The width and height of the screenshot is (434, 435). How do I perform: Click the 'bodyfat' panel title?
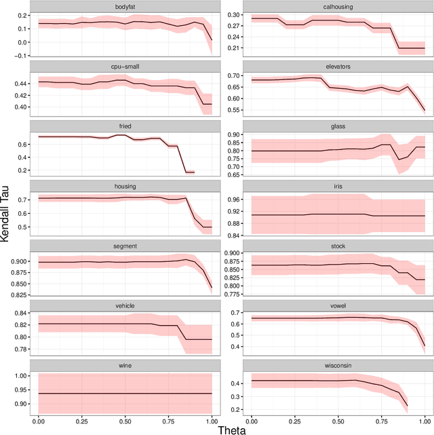tap(125, 6)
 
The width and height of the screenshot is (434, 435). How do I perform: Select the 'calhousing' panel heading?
tap(338, 6)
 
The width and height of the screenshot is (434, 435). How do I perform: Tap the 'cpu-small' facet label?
tap(125, 67)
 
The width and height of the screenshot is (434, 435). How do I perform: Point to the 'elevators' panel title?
tap(338, 67)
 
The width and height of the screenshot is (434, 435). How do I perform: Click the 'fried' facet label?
tap(125, 126)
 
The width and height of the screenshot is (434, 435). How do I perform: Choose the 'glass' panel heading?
tap(338, 126)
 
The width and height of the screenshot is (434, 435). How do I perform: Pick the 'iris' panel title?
tap(338, 186)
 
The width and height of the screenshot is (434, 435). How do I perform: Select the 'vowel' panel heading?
tap(338, 305)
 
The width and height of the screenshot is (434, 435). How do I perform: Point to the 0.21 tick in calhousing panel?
tap(233, 48)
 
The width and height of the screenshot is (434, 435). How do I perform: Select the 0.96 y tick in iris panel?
tap(233, 200)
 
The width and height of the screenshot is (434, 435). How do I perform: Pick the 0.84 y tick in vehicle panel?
tap(20, 313)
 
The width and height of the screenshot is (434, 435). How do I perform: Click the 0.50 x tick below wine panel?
tap(125, 419)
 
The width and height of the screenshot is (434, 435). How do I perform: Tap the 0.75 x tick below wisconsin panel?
tap(381, 419)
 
